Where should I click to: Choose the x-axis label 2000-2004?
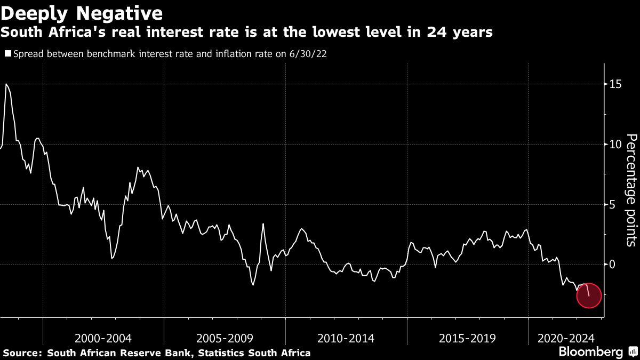103,338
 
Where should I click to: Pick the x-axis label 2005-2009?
225,338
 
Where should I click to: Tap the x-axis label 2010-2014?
346,338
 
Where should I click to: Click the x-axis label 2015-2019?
467,338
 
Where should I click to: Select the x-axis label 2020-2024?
566,338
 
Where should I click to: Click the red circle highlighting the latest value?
589,296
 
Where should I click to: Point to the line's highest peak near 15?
6,84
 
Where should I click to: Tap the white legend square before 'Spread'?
7,54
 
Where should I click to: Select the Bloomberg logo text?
590,352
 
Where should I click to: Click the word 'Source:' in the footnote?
23,353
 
